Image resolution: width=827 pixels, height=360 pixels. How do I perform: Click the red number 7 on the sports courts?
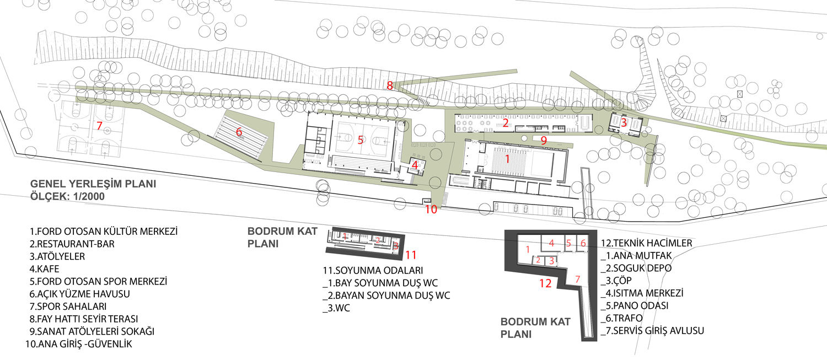99,126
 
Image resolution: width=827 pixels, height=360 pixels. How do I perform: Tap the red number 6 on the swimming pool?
239,131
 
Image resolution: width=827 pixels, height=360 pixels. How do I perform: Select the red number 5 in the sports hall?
361,139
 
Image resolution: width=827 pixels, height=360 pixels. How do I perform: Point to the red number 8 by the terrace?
390,85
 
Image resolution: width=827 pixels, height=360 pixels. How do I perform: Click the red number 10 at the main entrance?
431,209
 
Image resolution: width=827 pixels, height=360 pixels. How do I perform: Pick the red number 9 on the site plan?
544,141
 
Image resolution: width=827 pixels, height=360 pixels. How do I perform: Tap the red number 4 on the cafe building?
415,165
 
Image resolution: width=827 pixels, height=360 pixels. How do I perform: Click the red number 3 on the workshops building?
624,122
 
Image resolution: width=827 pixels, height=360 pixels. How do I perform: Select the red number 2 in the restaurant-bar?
506,122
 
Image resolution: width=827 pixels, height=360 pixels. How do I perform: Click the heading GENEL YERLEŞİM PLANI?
93,184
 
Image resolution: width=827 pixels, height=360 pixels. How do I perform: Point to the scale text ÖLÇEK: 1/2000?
68,196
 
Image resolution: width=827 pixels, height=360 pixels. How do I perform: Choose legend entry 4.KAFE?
44,269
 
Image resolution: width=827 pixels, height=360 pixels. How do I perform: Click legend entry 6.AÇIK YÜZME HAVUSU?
80,294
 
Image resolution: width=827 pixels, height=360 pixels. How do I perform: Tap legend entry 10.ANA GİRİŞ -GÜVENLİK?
79,344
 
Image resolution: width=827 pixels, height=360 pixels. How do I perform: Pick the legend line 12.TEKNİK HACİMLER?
647,243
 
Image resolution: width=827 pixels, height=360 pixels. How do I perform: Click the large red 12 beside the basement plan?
545,283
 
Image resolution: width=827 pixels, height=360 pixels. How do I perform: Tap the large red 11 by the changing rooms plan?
411,255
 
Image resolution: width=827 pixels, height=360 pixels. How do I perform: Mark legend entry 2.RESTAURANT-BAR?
72,244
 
